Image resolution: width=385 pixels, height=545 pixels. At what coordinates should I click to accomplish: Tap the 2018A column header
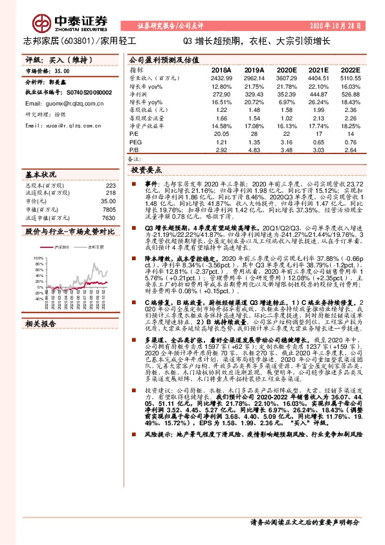tap(221, 69)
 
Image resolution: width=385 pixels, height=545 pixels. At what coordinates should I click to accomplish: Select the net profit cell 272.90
tap(221, 94)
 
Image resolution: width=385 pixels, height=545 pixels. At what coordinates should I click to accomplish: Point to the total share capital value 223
tap(110, 186)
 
